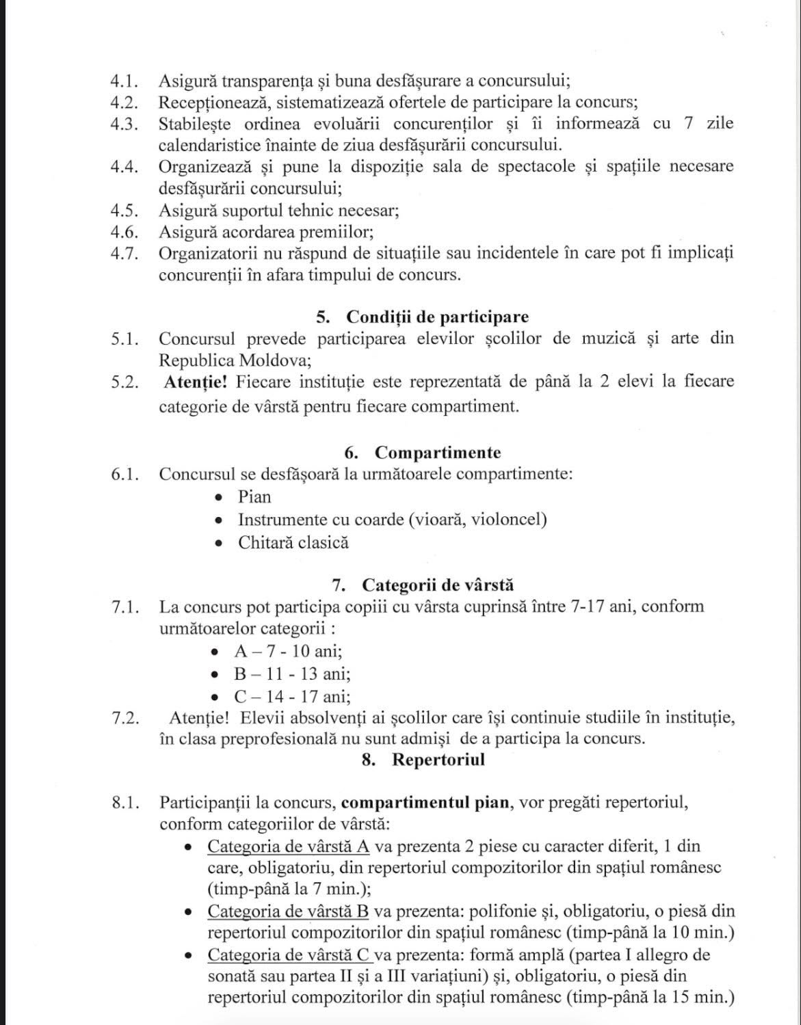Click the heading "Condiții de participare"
tap(437, 317)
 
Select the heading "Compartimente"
tap(438, 453)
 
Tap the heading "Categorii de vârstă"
tap(438, 585)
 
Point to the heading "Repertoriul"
tap(438, 760)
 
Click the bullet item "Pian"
tap(254, 497)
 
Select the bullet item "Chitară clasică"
tap(293, 543)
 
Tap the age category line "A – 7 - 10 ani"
tap(287, 652)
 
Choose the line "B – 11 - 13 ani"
tap(291, 674)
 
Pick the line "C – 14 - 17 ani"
tap(291, 697)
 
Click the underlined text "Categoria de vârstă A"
tap(288, 847)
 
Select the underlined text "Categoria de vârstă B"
tap(288, 911)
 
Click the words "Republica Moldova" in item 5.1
tap(234, 360)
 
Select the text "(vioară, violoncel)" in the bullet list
tap(478, 520)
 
